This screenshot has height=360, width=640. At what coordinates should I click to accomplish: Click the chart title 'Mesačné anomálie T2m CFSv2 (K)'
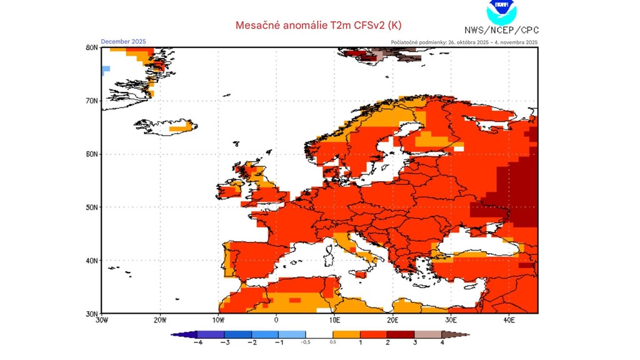(x=318, y=25)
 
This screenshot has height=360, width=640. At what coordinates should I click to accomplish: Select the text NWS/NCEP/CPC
(x=501, y=30)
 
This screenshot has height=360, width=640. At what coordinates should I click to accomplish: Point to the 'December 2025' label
(x=123, y=42)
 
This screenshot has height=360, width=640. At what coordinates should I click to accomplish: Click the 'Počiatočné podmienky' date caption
(x=464, y=42)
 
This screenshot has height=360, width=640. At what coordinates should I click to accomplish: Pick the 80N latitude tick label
(x=91, y=47)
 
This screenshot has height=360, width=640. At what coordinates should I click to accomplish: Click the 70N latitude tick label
(x=91, y=101)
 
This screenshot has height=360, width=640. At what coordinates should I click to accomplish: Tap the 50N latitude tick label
(x=91, y=207)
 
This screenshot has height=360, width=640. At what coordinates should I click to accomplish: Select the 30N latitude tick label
(x=91, y=313)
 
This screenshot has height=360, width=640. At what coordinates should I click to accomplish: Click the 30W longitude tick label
(x=101, y=320)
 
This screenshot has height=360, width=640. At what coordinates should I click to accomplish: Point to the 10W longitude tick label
(x=218, y=320)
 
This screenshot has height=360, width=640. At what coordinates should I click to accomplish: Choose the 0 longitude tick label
(x=276, y=320)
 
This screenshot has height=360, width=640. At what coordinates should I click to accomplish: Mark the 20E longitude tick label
(x=392, y=320)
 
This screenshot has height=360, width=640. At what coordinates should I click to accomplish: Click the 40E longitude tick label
(x=509, y=320)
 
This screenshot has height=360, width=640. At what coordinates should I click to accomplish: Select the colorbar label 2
(x=387, y=342)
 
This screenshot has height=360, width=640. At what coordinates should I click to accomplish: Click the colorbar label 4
(x=442, y=342)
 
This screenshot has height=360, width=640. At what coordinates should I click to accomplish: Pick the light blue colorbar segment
(x=292, y=334)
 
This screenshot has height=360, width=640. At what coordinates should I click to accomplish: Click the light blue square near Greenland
(x=106, y=69)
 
